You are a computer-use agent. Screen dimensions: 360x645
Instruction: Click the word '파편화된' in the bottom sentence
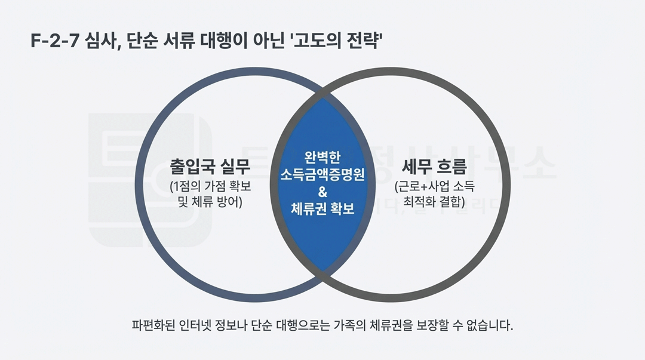coord(152,326)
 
